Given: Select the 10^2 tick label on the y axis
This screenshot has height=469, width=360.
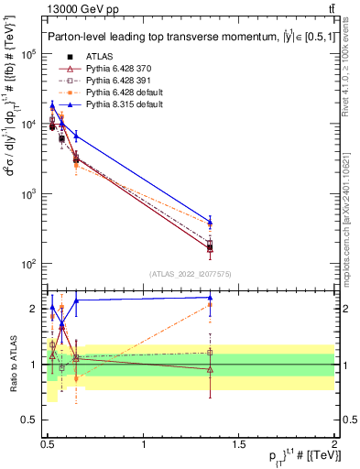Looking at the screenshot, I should (x=28, y=264).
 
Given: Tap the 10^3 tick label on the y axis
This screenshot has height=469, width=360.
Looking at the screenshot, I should (x=28, y=194).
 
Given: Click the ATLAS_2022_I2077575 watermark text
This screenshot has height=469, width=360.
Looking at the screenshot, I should (x=190, y=274).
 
